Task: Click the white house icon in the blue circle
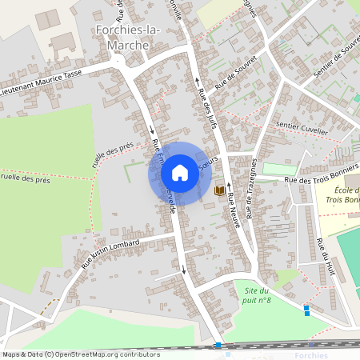coord(180,173)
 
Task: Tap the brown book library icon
coord(219,190)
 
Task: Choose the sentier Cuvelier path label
coord(302,126)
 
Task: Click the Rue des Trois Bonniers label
coord(318,182)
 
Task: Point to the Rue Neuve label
coord(234,211)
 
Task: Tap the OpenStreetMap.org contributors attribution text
coord(80,354)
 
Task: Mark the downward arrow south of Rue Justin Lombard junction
coord(184,270)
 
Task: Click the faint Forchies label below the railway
coord(311,355)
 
